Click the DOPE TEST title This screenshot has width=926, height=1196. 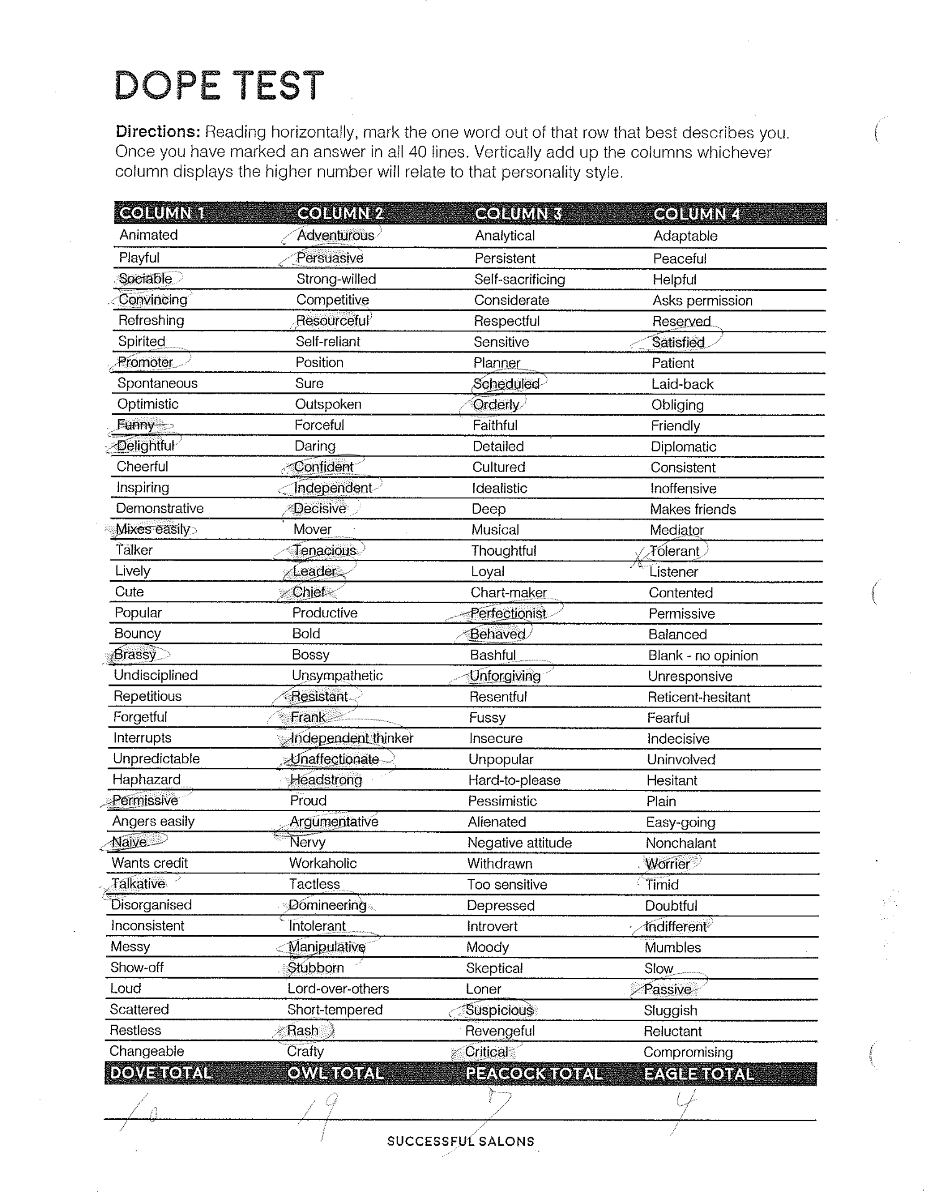(219, 85)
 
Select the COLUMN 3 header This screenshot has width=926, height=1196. (518, 214)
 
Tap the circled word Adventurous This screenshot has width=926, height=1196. (335, 235)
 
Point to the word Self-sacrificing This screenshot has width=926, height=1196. (519, 279)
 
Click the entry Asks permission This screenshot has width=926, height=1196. (702, 300)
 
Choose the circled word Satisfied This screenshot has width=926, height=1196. (678, 342)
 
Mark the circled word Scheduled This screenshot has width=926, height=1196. (506, 384)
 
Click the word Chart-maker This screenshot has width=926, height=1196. (508, 592)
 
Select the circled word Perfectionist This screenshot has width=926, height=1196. (508, 613)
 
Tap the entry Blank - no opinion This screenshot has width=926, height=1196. (702, 655)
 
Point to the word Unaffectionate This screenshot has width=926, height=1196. (334, 759)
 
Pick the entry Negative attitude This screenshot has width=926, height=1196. (519, 843)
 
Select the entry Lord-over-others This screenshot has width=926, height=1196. (338, 989)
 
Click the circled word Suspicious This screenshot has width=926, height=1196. (499, 1010)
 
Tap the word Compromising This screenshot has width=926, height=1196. (687, 1052)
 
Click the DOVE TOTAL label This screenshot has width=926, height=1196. (161, 1073)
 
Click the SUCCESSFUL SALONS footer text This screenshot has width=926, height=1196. (460, 1141)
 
